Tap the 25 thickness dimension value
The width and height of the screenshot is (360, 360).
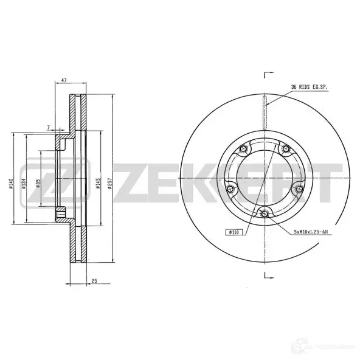coord(95,280)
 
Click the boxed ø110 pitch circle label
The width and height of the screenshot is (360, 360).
coord(234,232)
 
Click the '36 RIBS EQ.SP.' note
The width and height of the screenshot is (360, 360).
coord(310,88)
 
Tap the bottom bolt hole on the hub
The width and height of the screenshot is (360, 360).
coord(264,212)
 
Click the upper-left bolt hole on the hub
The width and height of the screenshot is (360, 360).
coord(243,149)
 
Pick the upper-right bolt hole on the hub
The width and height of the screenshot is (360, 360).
coord(285,149)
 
